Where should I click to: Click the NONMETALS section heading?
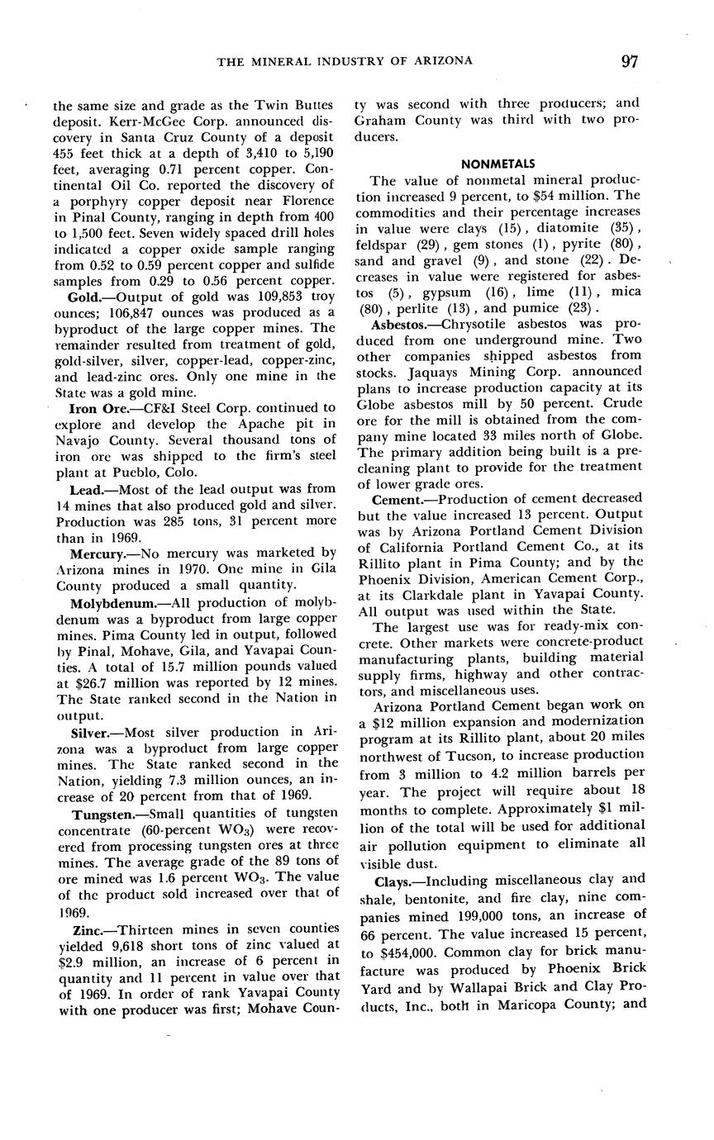click(x=497, y=164)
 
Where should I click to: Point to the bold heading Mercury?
click(x=98, y=552)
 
